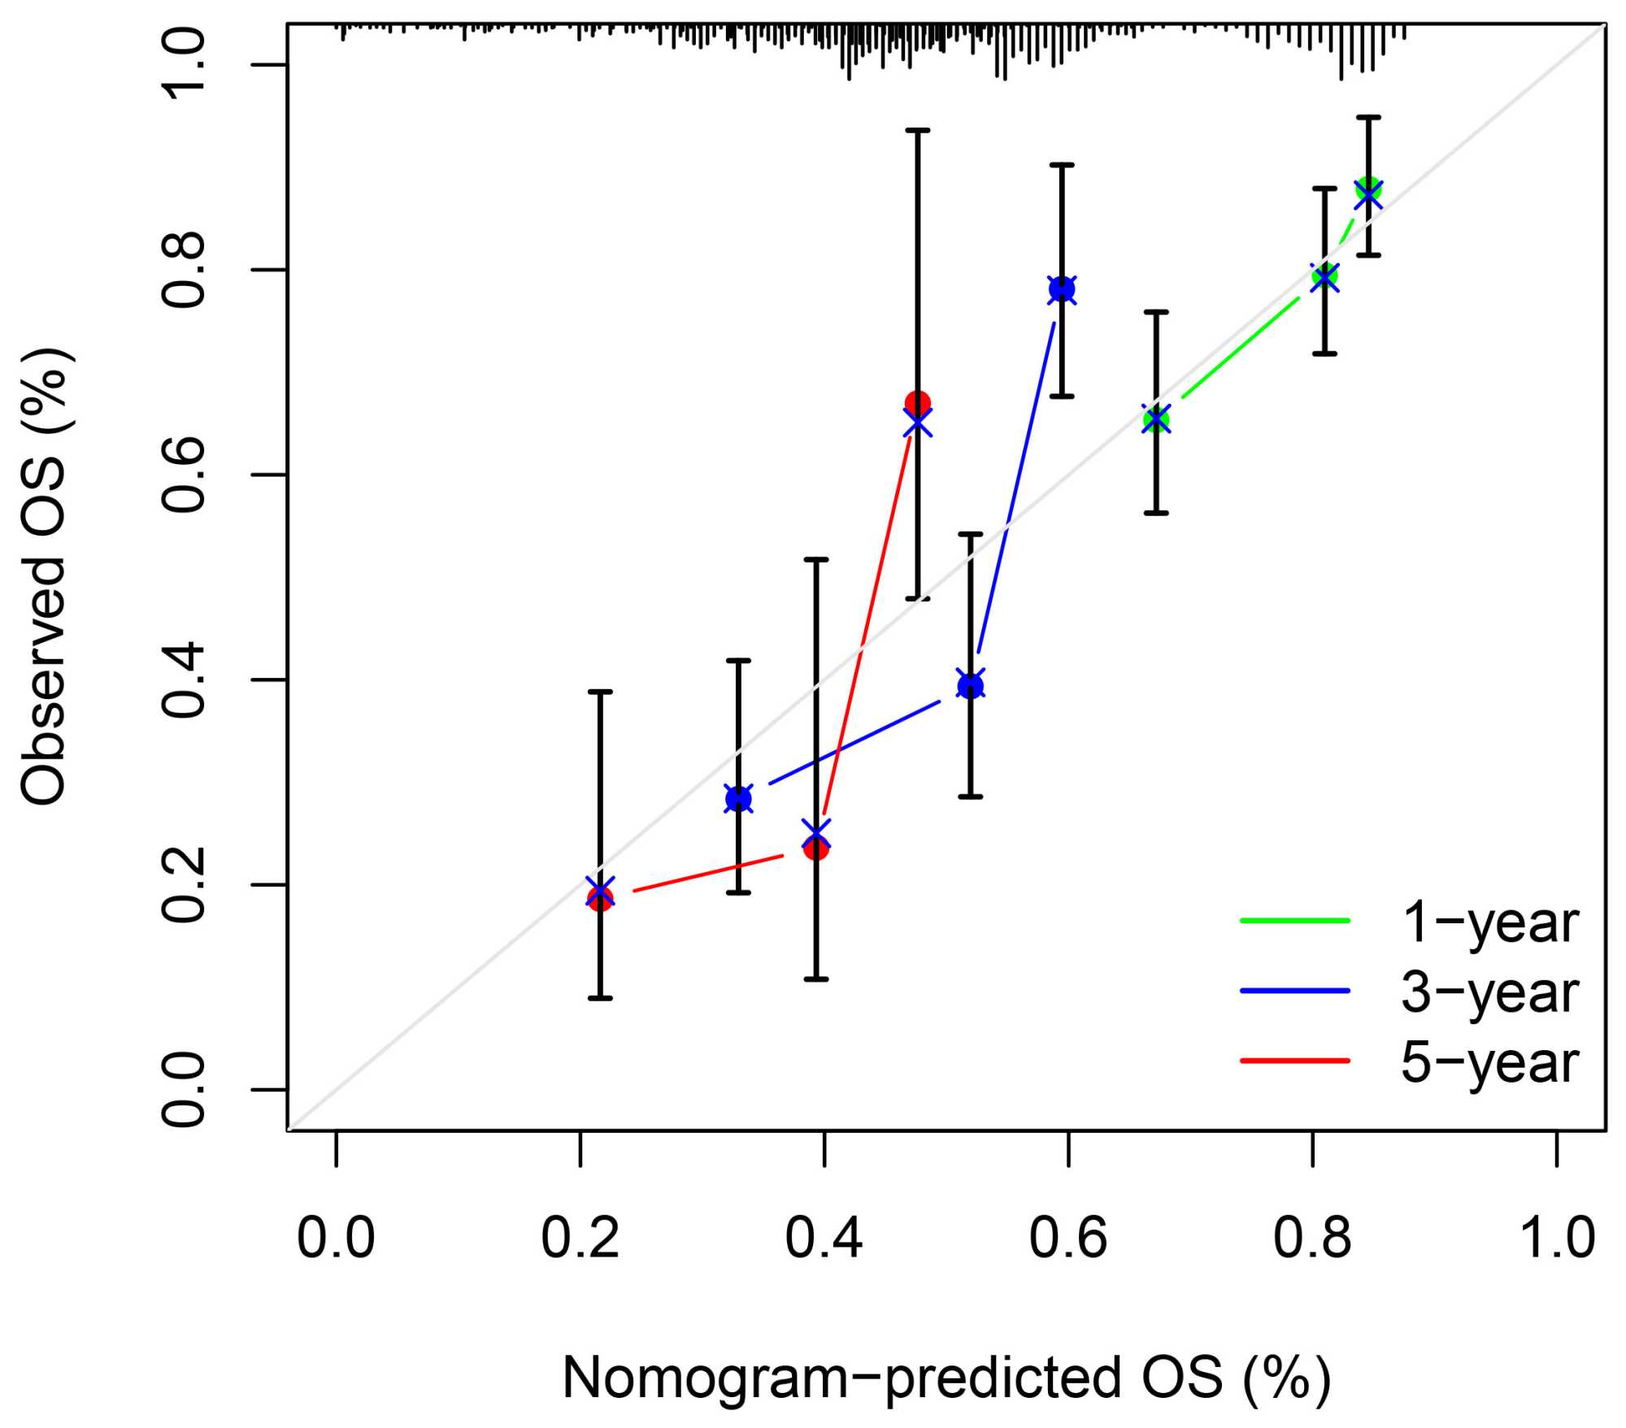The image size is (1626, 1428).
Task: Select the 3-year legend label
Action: coord(1489,992)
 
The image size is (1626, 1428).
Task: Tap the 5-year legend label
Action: coord(1489,1062)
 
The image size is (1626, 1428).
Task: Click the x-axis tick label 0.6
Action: coord(1067,1239)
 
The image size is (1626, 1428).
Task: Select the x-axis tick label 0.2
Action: coord(580,1239)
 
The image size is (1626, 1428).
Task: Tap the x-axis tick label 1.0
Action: coord(1557,1239)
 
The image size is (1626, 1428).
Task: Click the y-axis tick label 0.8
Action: coord(184,270)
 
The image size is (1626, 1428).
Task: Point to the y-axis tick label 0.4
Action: coord(184,679)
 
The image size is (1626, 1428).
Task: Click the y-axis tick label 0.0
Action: coord(184,1089)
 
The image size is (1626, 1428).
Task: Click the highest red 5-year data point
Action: coord(918,403)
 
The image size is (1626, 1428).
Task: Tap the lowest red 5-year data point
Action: coord(600,898)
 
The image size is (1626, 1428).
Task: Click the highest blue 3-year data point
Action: coord(1062,289)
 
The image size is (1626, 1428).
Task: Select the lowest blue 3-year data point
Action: coord(738,799)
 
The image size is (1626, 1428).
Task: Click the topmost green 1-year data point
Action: coord(1368,189)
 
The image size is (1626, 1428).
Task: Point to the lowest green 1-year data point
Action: coord(1156,419)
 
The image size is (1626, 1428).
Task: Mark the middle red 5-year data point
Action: coord(815,848)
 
